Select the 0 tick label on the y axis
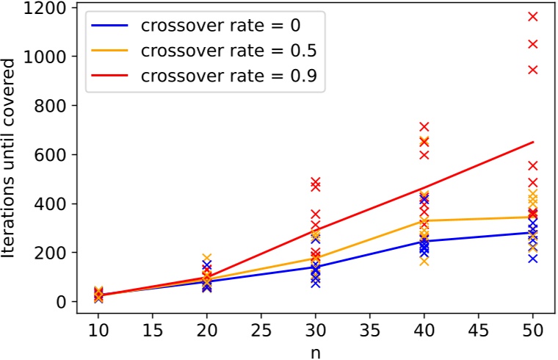point(62,302)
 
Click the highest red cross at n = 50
point(533,16)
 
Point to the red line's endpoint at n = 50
point(533,142)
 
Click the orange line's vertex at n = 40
point(424,220)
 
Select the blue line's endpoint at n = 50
point(533,232)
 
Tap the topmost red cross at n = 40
point(424,127)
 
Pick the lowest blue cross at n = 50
point(533,259)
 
